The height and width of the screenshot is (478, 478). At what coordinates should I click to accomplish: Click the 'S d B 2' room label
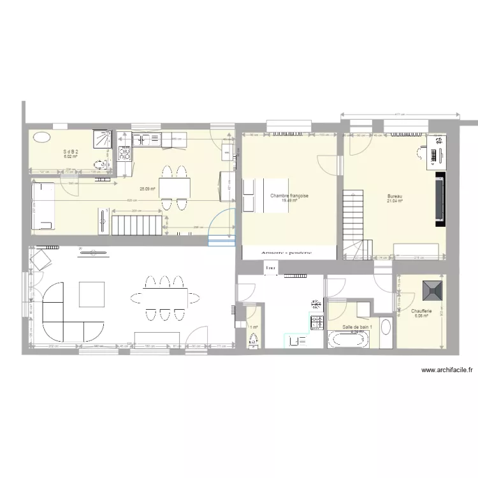coord(70,151)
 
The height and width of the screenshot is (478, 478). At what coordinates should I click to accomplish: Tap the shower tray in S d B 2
coord(102,139)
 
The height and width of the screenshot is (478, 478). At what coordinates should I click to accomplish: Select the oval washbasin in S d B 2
coord(41,136)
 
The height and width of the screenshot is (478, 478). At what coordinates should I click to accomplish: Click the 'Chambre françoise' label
coord(289,196)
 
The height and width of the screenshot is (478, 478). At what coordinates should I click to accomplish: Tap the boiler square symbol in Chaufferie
coord(435,290)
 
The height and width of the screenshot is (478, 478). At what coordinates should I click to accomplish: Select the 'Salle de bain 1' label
coord(356,326)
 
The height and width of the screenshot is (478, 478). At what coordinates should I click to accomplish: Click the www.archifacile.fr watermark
coord(447,369)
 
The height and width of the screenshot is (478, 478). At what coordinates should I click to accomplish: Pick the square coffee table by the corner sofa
coord(91,294)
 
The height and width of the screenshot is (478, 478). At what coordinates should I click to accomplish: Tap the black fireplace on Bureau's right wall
coord(439,201)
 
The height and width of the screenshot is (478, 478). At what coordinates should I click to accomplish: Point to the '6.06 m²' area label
coord(423,315)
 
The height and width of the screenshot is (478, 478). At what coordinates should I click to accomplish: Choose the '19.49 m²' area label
coord(289,201)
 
